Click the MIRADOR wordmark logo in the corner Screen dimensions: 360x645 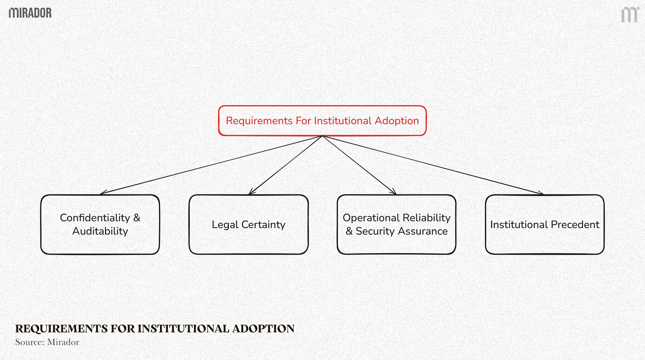point(30,13)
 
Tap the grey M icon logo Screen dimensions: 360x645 point(629,15)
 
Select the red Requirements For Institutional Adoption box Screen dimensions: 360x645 point(322,120)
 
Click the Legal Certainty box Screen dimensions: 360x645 point(248,225)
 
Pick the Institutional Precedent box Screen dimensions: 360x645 point(544,225)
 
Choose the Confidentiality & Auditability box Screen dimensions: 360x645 point(100,225)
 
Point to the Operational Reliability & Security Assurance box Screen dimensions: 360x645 point(396,225)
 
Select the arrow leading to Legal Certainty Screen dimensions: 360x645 point(285,165)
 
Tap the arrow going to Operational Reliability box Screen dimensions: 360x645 point(359,165)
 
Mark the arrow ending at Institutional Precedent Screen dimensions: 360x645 point(433,165)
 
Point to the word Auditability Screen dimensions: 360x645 point(100,231)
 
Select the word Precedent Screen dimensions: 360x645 point(572,225)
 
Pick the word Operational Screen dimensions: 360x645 point(370,218)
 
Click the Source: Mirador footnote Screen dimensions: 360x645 point(47,342)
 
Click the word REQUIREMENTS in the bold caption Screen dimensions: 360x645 point(58,329)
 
